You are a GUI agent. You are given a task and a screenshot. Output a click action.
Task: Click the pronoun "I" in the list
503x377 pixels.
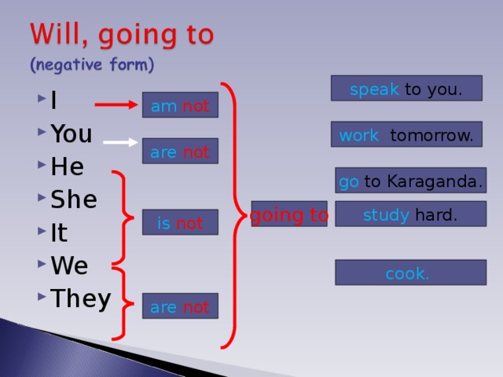(x=53, y=101)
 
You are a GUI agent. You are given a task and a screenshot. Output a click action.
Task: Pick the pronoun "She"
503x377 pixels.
(x=74, y=199)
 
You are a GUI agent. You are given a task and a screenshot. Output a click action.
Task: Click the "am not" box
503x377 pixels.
(x=180, y=106)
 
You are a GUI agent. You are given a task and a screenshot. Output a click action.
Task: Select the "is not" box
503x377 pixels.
(x=180, y=224)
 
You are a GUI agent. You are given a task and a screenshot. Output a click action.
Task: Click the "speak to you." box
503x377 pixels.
(x=406, y=89)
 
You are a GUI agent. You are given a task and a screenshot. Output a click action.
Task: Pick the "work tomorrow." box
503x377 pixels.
(x=406, y=135)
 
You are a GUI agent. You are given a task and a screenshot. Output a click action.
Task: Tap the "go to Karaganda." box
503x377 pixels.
(x=410, y=181)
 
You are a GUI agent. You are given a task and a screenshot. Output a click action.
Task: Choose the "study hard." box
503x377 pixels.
(x=410, y=214)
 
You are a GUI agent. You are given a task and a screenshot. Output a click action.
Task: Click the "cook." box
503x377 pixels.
(x=410, y=273)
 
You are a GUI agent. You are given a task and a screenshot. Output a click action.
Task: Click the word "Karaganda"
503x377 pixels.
(x=432, y=182)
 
